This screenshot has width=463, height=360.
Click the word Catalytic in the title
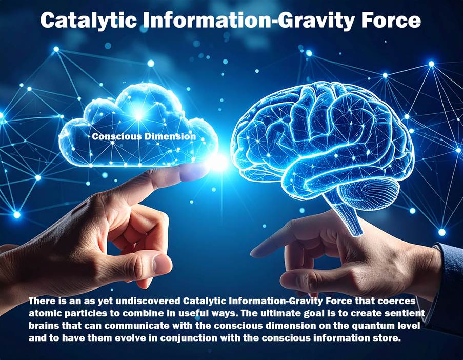[89, 21]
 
